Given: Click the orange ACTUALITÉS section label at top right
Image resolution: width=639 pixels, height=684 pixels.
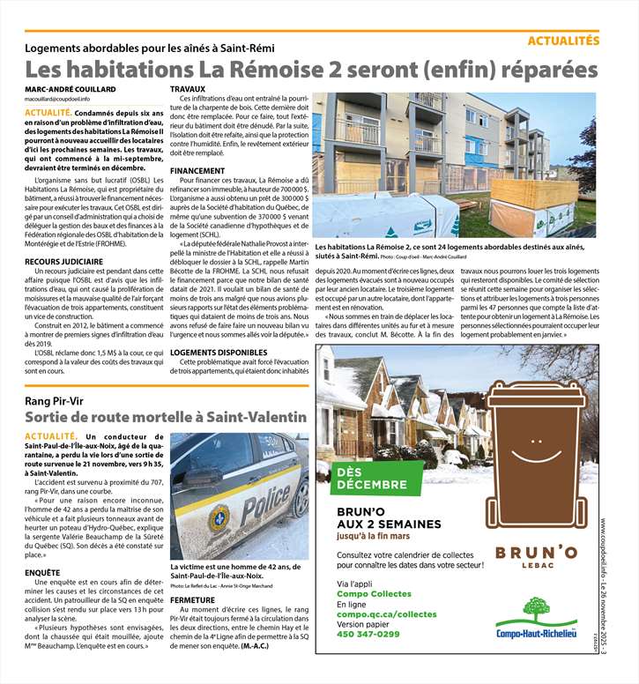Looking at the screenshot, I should click(x=563, y=41).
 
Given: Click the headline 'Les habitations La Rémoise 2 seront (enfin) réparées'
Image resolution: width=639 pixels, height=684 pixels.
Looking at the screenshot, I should click(x=311, y=70).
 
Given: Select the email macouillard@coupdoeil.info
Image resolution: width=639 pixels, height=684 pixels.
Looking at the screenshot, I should click(x=63, y=100).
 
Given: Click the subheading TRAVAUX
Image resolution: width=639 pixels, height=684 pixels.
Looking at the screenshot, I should click(x=188, y=90).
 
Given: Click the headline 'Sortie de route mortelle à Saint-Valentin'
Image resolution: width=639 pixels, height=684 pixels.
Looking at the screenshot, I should click(x=165, y=416).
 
